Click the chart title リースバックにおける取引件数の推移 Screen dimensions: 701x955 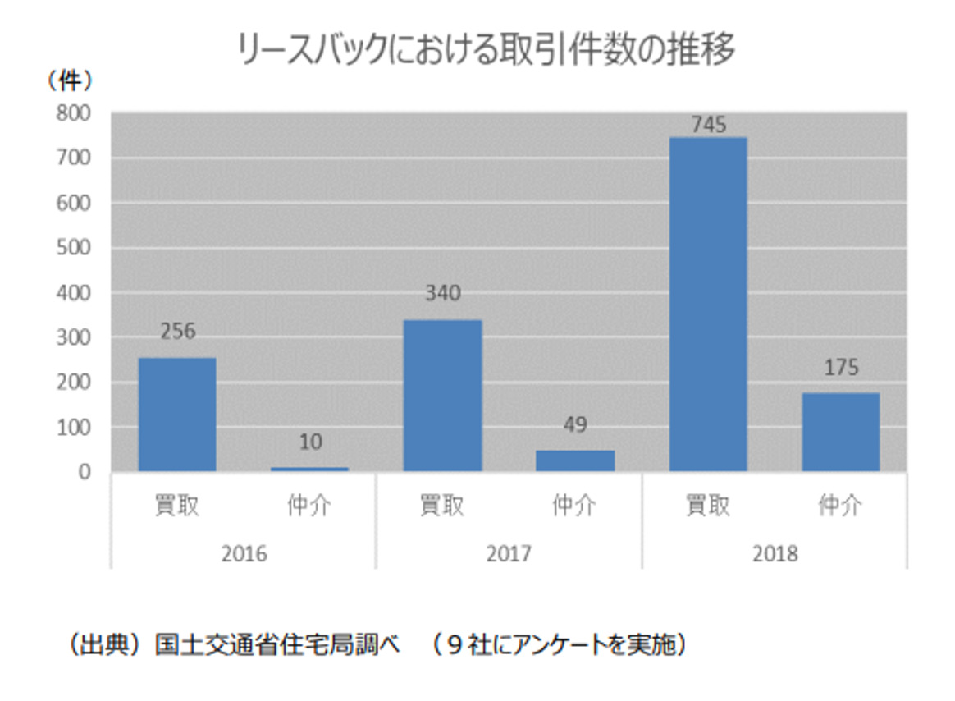click(x=486, y=51)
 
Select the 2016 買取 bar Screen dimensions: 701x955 click(x=177, y=415)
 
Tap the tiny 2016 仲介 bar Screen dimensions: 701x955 click(x=309, y=469)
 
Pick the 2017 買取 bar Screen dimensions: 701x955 click(x=442, y=396)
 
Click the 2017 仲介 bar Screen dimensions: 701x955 click(x=575, y=460)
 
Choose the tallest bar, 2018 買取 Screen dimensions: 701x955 click(x=708, y=305)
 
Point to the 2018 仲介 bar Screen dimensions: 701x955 click(x=840, y=432)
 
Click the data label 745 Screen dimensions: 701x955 click(x=708, y=125)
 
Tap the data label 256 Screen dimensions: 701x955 click(x=177, y=332)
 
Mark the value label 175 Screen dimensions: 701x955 click(x=840, y=367)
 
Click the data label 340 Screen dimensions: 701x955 click(x=442, y=293)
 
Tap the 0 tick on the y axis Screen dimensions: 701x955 click(x=85, y=472)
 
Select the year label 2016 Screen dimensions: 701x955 click(x=244, y=553)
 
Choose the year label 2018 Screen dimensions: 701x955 click(x=775, y=553)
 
